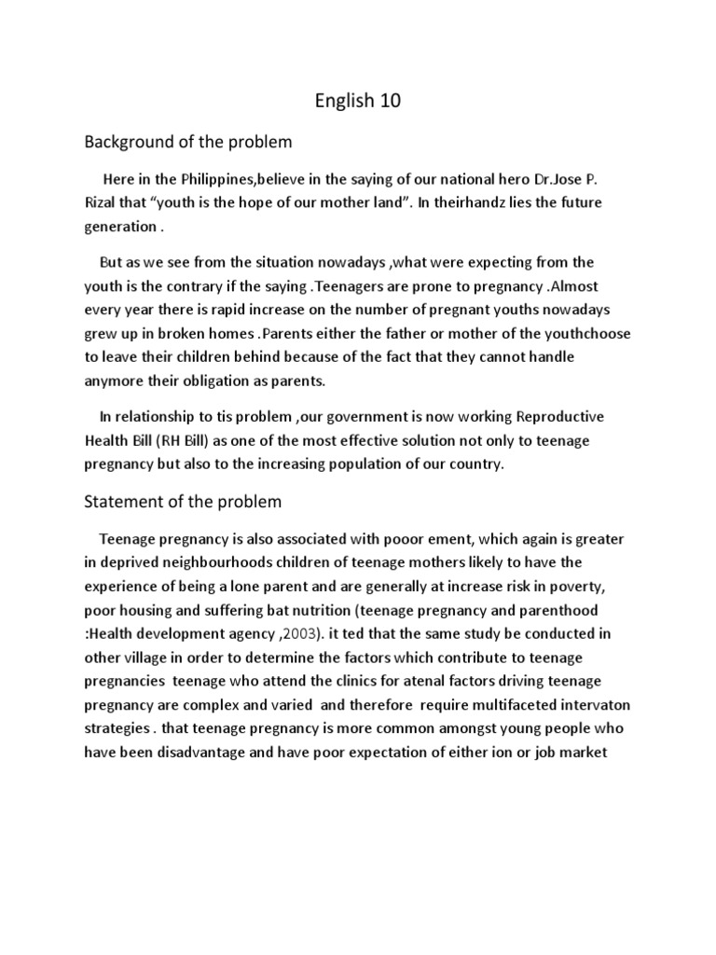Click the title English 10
pyautogui.click(x=357, y=101)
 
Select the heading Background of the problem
pyautogui.click(x=188, y=142)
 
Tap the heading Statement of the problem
pyautogui.click(x=183, y=502)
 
